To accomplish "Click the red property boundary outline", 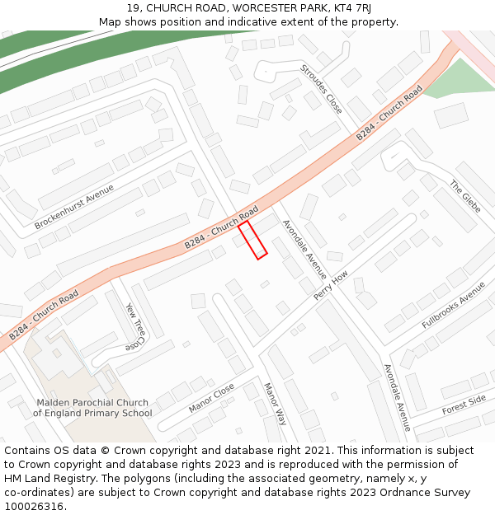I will [x=253, y=240].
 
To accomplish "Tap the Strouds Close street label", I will [x=322, y=89].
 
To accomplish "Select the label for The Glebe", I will [x=464, y=195].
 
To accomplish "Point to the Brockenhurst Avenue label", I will [x=74, y=207].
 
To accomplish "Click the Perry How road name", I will [x=331, y=285].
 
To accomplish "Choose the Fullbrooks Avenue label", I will [x=454, y=305].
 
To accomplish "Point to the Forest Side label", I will [x=464, y=405].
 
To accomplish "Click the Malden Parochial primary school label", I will [x=92, y=408].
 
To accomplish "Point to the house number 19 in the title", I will [x=134, y=7].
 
